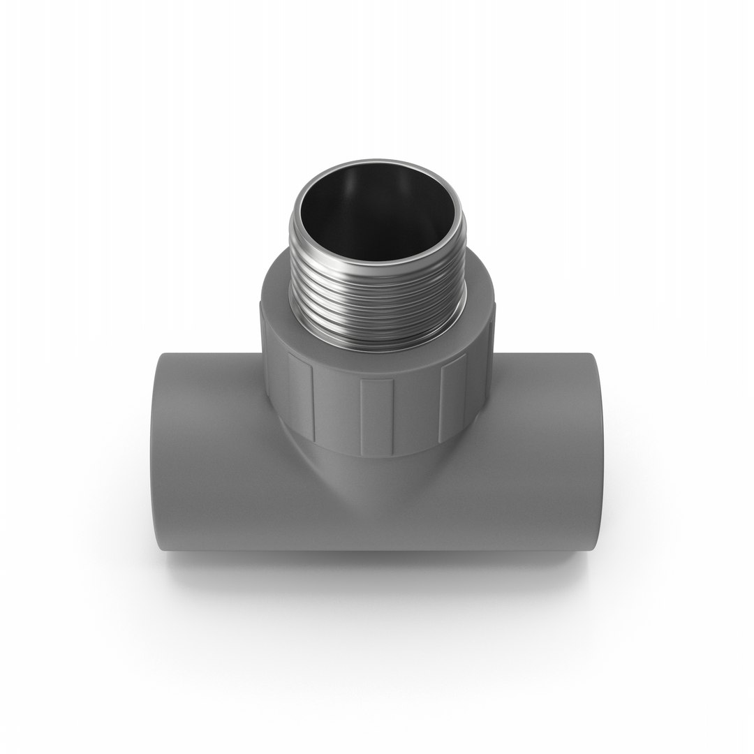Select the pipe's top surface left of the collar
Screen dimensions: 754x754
209,370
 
